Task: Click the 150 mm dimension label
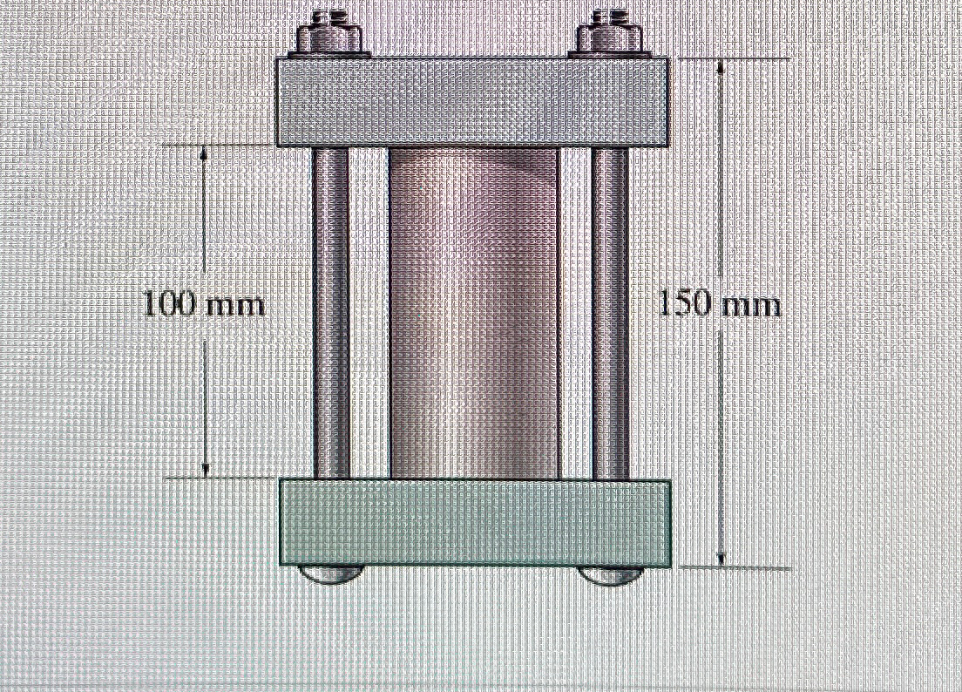tap(720, 304)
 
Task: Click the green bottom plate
tap(474, 522)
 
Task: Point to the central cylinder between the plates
tap(474, 314)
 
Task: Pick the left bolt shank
tap(331, 314)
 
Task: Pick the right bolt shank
tap(610, 314)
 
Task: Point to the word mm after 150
tap(752, 306)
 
